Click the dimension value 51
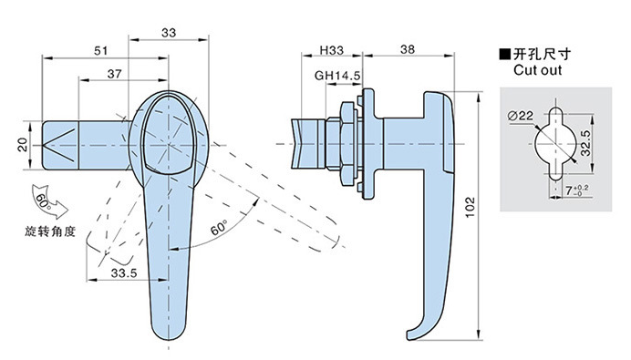point(101,51)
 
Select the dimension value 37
point(114,74)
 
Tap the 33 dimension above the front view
point(169,33)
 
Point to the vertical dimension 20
point(23,145)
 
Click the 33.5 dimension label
point(124,273)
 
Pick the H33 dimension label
point(332,50)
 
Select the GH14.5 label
point(337,76)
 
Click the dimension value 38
point(408,49)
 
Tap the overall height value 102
point(470,207)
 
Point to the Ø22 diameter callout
point(521,116)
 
